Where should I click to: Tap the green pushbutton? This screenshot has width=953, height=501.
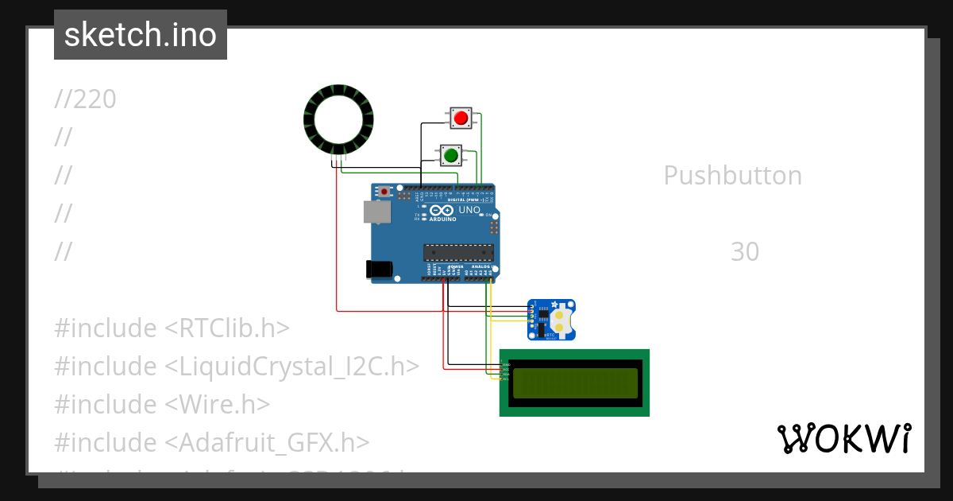tap(451, 154)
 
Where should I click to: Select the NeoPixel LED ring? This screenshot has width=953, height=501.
tap(338, 118)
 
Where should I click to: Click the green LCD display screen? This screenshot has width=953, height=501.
tap(575, 383)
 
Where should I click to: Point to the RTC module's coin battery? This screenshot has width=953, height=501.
tap(561, 320)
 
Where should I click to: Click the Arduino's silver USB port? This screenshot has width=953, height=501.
tap(376, 211)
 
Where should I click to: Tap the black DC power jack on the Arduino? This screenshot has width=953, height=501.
tap(380, 270)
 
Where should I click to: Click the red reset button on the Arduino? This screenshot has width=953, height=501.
tap(385, 192)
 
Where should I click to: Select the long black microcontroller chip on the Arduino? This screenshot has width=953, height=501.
tap(458, 252)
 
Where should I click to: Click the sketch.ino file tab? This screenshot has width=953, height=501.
tap(141, 35)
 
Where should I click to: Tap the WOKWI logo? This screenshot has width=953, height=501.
tap(843, 438)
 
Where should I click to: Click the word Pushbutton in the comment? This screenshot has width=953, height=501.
tap(732, 176)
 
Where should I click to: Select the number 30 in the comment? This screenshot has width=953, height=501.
tap(745, 252)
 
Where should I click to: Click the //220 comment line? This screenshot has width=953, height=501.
tap(86, 99)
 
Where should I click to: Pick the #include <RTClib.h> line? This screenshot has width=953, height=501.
tap(172, 328)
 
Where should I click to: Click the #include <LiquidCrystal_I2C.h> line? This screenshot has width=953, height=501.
tap(236, 367)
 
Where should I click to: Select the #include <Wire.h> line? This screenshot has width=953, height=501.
tap(162, 405)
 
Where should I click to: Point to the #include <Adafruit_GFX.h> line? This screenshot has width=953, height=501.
tap(211, 443)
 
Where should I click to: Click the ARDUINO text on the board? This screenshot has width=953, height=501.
tap(444, 219)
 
